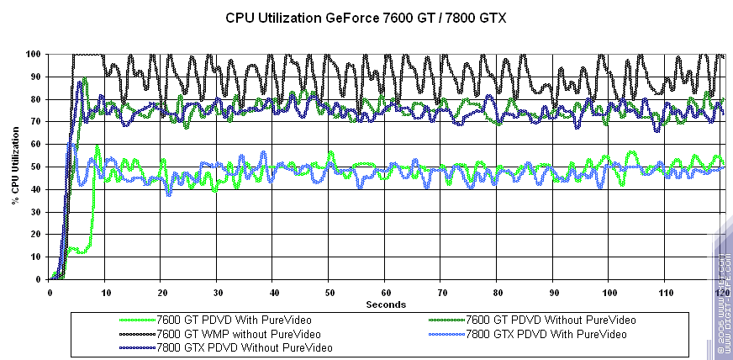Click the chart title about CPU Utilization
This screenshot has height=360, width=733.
coord(366,17)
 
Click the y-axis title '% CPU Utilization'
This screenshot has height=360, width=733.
coord(15,167)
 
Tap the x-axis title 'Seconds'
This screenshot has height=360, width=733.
coord(386,304)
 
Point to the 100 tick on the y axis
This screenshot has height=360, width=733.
coord(34,54)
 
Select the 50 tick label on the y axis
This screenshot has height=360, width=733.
coord(36,167)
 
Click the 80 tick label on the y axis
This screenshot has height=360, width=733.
coord(36,99)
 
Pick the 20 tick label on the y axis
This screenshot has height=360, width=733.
coord(36,235)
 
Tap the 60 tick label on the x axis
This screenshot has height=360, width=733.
coord(386,293)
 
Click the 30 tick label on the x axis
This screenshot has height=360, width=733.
coord(218,293)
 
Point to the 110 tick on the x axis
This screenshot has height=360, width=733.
coord(666,293)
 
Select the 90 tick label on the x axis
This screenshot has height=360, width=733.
coord(554,293)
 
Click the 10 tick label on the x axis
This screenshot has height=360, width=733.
coord(106,293)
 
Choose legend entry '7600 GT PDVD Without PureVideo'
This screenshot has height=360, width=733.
coord(551,320)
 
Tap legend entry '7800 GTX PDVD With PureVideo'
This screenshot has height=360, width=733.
coord(546,333)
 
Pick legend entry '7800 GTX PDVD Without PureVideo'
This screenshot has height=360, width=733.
coord(244,347)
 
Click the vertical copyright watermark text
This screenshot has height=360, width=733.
coord(724,303)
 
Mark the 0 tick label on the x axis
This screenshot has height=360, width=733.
coord(50,293)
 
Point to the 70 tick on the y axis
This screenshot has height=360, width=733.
coord(36,122)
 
